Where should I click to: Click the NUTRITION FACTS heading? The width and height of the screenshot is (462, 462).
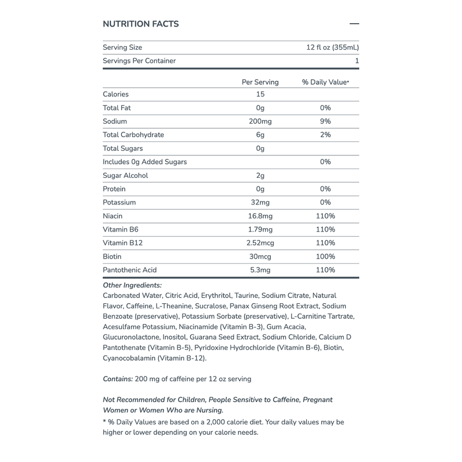[x=140, y=24]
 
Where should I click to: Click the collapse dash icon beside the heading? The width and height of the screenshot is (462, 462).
[x=355, y=24]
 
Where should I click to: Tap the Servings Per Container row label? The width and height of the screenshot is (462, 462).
[x=139, y=61]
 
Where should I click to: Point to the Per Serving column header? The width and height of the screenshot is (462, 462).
[x=260, y=82]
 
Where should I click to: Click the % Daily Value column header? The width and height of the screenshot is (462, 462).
[x=325, y=82]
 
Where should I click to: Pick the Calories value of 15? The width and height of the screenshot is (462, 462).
[x=260, y=94]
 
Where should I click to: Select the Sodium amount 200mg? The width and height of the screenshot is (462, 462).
[x=260, y=121]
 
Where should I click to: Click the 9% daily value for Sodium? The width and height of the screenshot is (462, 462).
[x=325, y=121]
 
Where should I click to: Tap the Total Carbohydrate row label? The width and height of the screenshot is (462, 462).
[x=133, y=135]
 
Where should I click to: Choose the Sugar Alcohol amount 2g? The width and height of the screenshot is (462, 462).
[x=260, y=176]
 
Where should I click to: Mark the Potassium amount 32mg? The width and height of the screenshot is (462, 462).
[x=260, y=203]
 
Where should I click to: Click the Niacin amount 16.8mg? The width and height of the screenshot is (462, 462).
[x=260, y=216]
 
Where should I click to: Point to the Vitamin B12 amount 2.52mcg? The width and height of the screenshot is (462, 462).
[x=260, y=243]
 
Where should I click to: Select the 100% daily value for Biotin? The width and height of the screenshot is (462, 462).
[x=325, y=256]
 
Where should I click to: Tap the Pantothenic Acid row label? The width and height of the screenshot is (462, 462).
[x=129, y=270]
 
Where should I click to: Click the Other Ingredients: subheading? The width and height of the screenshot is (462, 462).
[x=132, y=285]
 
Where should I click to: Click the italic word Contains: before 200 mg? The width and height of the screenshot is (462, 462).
[x=118, y=379]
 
